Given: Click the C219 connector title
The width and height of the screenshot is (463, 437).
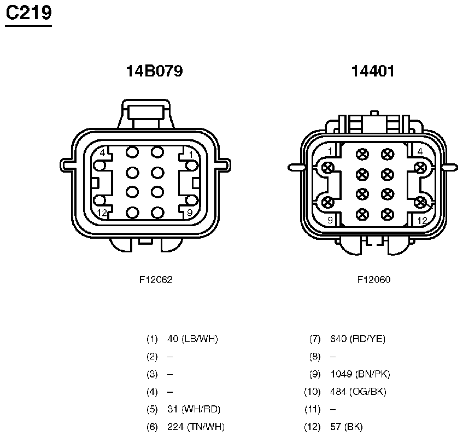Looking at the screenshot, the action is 28,13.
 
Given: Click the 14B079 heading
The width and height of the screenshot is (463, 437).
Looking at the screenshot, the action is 155,71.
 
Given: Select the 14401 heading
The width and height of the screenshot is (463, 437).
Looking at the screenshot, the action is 373,71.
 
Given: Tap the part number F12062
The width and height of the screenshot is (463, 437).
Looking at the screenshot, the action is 156,280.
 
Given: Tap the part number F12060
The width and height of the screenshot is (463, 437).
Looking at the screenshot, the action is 374,280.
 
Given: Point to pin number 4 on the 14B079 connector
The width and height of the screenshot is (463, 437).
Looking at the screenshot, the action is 102,153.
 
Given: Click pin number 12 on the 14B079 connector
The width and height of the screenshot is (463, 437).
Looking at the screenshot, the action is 102,212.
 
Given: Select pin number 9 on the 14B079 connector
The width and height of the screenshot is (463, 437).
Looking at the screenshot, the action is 190,212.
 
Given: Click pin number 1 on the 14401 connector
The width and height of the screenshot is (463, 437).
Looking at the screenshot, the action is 330,151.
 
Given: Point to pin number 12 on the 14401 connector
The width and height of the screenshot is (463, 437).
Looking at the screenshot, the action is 423,221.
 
